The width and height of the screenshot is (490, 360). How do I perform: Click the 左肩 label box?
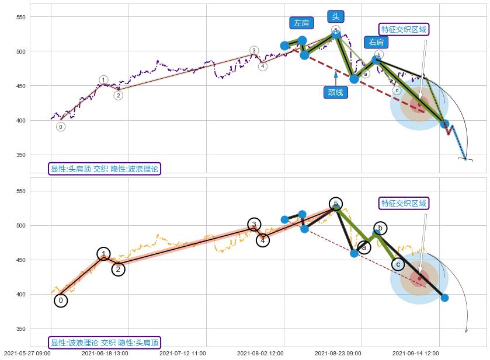pos(301,23)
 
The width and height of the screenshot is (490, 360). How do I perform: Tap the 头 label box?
pos(336,16)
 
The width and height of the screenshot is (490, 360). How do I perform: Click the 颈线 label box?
pos(335,92)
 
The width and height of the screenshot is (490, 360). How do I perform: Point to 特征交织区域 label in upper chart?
pos(404,29)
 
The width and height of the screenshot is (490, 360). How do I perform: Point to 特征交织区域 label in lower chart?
pos(404,203)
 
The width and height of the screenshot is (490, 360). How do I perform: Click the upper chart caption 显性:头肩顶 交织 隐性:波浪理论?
pos(104,169)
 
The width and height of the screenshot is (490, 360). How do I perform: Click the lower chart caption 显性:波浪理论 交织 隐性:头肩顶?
pos(104,342)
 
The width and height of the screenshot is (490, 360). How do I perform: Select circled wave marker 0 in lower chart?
pos(61,300)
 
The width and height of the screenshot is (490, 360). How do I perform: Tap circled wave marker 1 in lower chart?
pos(103,254)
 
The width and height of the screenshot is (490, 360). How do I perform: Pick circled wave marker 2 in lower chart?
pos(118,269)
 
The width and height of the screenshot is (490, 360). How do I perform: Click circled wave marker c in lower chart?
pos(398,264)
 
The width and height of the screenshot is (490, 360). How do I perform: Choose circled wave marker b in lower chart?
pos(380,228)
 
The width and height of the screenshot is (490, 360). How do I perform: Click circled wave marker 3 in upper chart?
pos(254,51)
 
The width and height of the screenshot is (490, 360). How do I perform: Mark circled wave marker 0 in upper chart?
pos(61,127)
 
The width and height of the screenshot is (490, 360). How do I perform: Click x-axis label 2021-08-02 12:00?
pos(260,353)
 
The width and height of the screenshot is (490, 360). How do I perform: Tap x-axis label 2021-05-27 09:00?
pos(27,353)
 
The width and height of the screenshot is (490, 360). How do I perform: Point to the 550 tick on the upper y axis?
pos(21,18)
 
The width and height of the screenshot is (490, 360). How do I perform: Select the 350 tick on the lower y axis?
pos(21,329)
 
